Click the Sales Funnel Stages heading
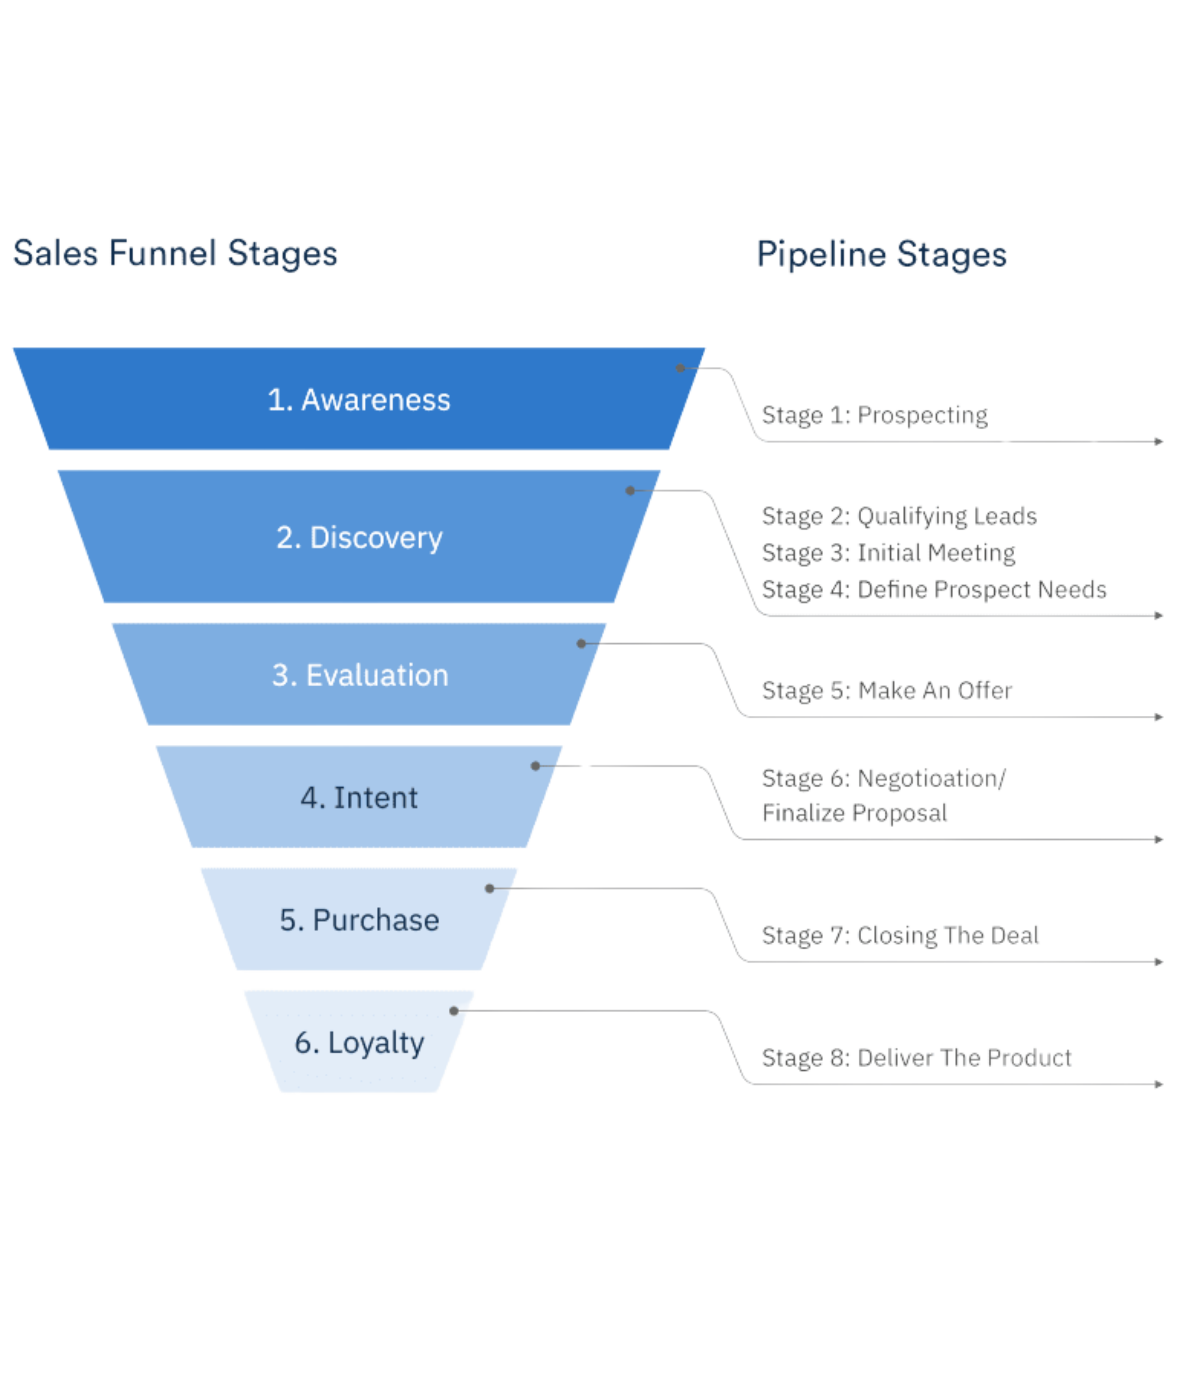click(x=176, y=254)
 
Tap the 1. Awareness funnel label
click(x=359, y=400)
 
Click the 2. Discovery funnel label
click(x=360, y=537)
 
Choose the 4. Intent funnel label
click(x=359, y=797)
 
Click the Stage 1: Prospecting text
click(x=874, y=415)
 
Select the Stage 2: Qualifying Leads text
click(x=899, y=516)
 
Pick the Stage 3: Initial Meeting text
click(x=888, y=553)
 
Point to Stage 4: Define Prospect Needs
click(x=934, y=590)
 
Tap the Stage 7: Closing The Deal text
click(x=900, y=935)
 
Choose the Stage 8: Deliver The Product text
click(x=916, y=1058)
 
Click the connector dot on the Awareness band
click(x=680, y=368)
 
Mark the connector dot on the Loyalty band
click(x=454, y=1011)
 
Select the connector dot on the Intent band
click(x=535, y=766)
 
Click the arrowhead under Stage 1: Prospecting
click(x=1159, y=441)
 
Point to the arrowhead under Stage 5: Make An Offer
click(x=1159, y=718)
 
